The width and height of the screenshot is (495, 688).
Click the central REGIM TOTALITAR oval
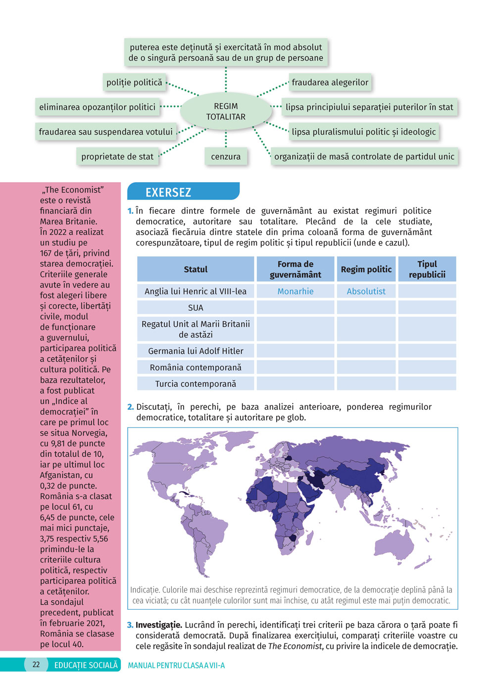[x=226, y=111]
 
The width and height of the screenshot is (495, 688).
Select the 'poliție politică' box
[x=134, y=83]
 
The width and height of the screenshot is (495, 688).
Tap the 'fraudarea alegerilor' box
[x=330, y=83]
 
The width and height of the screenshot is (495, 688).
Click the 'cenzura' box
[x=226, y=156]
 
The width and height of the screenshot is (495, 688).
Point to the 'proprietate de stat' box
[x=117, y=156]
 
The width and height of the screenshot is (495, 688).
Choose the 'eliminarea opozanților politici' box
[x=98, y=107]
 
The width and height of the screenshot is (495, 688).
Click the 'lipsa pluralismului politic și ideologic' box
[x=363, y=132]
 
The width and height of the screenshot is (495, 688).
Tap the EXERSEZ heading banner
[x=168, y=192]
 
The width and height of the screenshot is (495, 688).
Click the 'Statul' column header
[x=196, y=269]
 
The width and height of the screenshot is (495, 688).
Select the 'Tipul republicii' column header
[x=427, y=269]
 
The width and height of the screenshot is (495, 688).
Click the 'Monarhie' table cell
[x=296, y=292]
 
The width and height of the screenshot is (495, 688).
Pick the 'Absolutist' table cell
[x=366, y=292]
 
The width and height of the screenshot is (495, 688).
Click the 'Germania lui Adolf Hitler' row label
[x=196, y=351]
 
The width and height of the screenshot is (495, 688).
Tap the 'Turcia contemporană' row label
[x=196, y=384]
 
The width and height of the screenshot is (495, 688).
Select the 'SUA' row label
[x=196, y=308]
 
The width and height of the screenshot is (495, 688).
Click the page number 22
[x=36, y=665]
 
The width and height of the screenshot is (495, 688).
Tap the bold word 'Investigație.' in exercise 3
[x=158, y=625]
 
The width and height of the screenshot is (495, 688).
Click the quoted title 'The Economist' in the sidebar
[x=73, y=190]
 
